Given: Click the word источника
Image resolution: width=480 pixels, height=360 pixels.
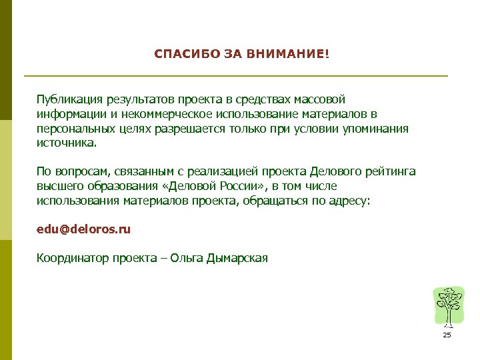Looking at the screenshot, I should tap(66, 143).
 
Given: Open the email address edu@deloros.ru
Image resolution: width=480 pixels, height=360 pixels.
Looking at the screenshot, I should tap(83, 229).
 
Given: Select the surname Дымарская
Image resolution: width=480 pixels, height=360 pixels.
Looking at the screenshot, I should tap(238, 258).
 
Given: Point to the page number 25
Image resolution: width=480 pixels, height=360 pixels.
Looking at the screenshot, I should tap(447, 335).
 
